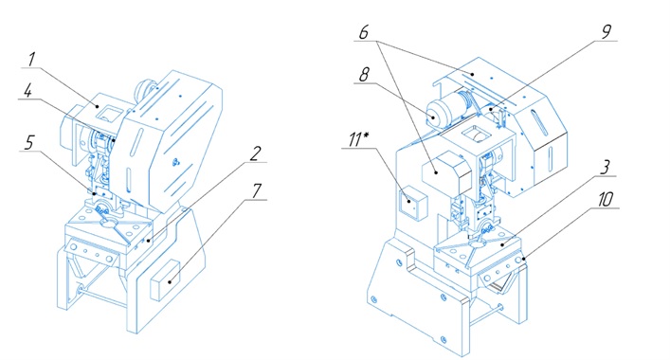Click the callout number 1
click(31, 60)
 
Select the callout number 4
click(27, 91)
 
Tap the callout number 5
click(29, 143)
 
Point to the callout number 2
click(255, 153)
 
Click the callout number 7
click(257, 190)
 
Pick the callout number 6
click(364, 32)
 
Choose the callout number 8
click(364, 75)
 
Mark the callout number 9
click(607, 32)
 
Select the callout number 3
click(605, 168)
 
